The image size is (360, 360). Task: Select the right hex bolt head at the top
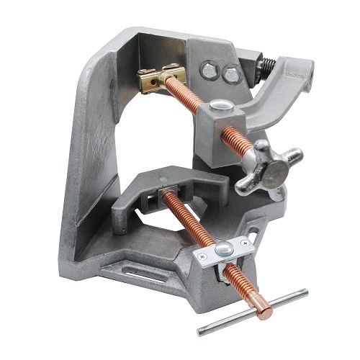[x=230, y=73]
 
